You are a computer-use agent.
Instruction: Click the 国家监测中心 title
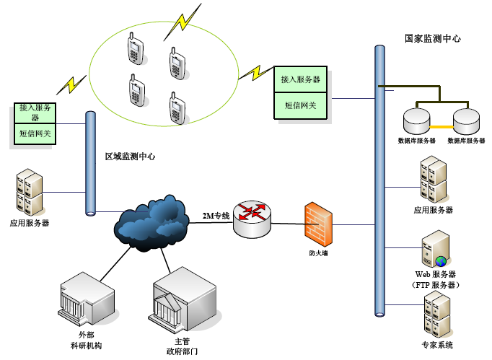tap(432, 38)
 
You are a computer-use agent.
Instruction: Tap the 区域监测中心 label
tap(130, 157)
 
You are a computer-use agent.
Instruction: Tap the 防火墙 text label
tap(317, 253)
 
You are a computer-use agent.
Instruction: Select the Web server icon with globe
tap(433, 250)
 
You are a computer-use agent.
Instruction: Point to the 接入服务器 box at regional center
tap(36, 112)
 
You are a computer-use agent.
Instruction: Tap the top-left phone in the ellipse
tap(135, 50)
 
